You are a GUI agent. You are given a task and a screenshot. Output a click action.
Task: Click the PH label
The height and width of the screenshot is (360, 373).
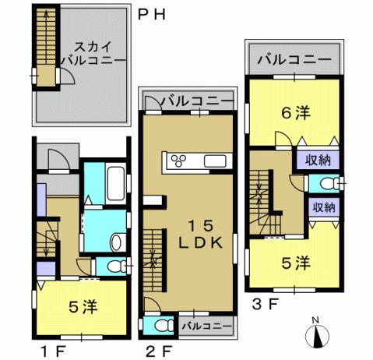coord(153,14)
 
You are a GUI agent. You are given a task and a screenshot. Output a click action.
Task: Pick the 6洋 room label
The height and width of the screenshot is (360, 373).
coord(296,114)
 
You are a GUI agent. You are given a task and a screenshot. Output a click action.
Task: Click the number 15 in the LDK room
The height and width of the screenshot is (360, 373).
coord(203,225)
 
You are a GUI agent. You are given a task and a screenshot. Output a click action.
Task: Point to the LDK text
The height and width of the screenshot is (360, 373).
coord(203,242)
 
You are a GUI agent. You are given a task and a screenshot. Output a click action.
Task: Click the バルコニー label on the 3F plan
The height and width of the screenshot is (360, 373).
coord(292,58)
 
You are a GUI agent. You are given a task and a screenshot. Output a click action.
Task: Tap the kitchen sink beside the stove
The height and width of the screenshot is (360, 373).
coord(215,161)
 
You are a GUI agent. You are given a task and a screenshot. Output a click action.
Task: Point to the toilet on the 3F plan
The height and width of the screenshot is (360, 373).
coord(325,184)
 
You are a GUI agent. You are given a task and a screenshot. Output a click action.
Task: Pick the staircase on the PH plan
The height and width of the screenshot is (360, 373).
coord(47,48)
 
